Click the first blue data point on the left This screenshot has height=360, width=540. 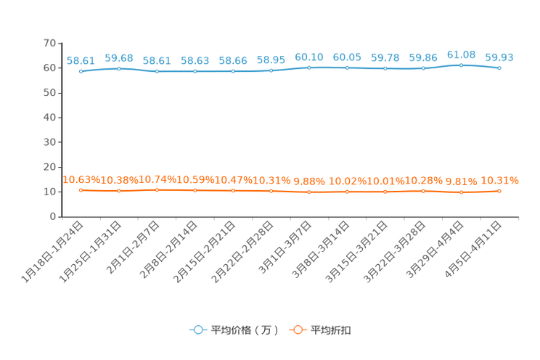[x=81, y=71]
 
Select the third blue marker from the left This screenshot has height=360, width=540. [x=157, y=71]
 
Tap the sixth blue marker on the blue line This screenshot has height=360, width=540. [x=271, y=70]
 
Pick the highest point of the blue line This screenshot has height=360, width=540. [x=461, y=65]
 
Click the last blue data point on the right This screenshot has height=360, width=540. [x=499, y=67]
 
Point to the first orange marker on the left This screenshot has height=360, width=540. [x=81, y=191]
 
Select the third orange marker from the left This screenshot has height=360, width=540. [x=157, y=190]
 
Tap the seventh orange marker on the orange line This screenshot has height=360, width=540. [x=309, y=192]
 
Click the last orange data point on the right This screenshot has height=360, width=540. [x=499, y=192]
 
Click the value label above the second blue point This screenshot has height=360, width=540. [x=119, y=57]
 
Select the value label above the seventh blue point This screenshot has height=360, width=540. [x=309, y=57]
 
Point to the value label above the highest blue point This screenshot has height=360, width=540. [x=461, y=54]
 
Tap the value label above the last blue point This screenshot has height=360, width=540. [x=499, y=57]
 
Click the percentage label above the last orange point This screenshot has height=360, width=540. [x=501, y=181]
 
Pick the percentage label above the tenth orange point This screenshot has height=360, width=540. [x=423, y=180]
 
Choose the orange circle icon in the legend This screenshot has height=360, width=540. [x=298, y=330]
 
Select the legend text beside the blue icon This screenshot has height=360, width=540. [x=245, y=330]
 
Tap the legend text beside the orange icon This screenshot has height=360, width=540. [x=332, y=330]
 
